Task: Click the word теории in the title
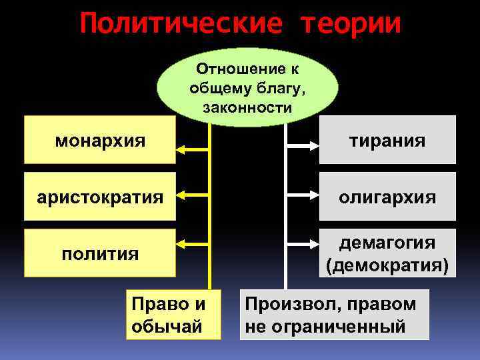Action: click(351, 24)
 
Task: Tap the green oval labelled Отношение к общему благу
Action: click(247, 87)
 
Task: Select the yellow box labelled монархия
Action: click(100, 140)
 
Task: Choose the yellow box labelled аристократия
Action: click(100, 197)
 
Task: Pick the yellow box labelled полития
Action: click(100, 253)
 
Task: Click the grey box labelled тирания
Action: click(387, 140)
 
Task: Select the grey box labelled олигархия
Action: click(387, 197)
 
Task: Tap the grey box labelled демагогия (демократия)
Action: click(387, 253)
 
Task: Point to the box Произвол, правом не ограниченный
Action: click(334, 315)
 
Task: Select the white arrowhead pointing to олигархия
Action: click(313, 197)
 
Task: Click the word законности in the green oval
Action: click(247, 107)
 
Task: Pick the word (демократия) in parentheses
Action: click(387, 265)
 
